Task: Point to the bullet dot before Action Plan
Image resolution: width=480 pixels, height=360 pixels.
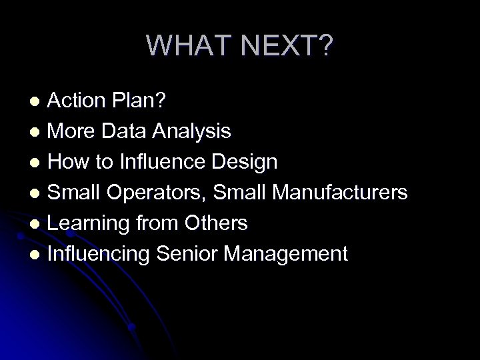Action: pos(38,101)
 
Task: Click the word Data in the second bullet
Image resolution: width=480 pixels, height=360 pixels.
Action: pos(128,131)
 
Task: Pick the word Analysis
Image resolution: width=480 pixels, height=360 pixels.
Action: pos(193,131)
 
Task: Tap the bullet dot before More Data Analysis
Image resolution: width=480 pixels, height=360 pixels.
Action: pos(38,132)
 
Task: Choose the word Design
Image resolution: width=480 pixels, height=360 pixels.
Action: pos(243,162)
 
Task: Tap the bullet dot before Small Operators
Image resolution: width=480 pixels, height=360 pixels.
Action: pos(38,193)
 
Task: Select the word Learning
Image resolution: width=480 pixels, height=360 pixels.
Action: pos(87,223)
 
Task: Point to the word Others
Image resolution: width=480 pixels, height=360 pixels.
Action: pos(216,223)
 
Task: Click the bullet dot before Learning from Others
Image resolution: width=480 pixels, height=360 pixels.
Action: pos(38,224)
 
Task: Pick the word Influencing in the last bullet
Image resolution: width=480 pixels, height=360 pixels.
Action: pos(97,254)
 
